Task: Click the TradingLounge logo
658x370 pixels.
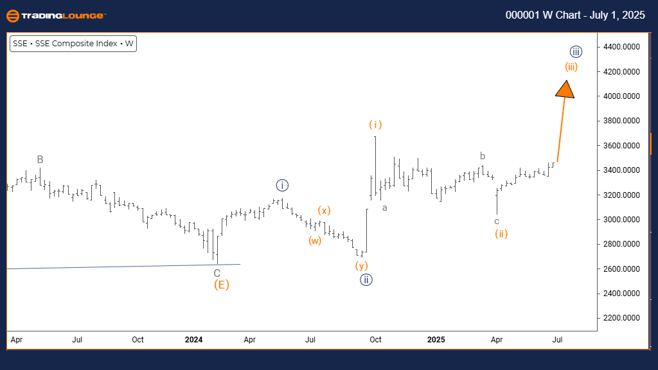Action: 55,15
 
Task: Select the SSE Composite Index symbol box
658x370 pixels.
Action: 74,44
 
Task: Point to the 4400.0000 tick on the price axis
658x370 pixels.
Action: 621,47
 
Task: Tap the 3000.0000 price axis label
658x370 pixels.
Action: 621,220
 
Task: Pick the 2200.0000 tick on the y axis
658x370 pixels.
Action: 621,318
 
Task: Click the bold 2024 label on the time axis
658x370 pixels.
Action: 193,339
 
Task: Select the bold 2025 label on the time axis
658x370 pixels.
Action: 436,339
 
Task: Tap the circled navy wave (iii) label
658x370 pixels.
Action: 576,51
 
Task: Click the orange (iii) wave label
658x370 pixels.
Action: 571,67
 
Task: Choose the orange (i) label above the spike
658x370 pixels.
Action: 375,124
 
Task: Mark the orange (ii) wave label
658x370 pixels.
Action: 501,234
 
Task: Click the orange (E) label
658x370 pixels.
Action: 221,285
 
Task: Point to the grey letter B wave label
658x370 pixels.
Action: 40,159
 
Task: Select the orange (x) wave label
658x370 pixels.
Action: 325,210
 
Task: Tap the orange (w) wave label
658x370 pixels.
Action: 314,241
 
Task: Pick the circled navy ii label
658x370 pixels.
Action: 366,279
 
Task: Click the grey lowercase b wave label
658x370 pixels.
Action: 483,155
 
